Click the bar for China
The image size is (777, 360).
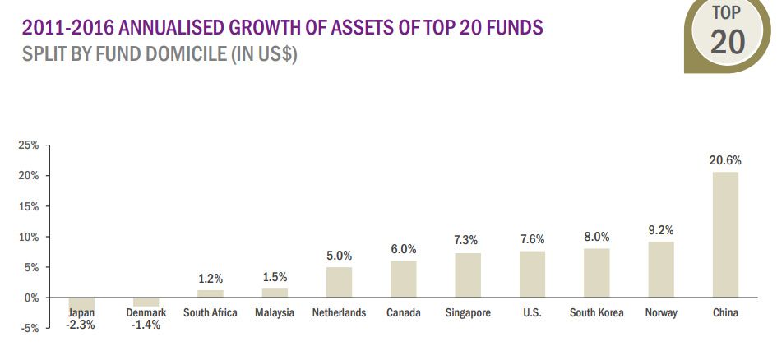pyautogui.click(x=725, y=234)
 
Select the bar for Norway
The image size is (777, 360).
pyautogui.click(x=661, y=269)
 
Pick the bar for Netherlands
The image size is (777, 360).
pyautogui.click(x=339, y=282)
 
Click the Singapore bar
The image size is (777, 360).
pyautogui.click(x=468, y=275)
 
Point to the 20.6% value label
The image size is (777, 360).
pyautogui.click(x=725, y=160)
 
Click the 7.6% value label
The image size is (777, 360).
pyautogui.click(x=532, y=239)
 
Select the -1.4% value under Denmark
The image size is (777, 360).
pyautogui.click(x=146, y=325)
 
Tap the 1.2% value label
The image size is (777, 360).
pyautogui.click(x=210, y=279)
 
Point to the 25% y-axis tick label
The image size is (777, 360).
pyautogui.click(x=28, y=145)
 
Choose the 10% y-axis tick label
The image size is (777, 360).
pyautogui.click(x=28, y=237)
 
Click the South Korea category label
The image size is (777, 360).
pyautogui.click(x=596, y=312)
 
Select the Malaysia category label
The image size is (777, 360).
pyautogui.click(x=275, y=312)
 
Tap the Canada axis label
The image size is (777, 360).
pyautogui.click(x=404, y=312)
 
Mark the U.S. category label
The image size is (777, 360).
pyautogui.click(x=532, y=312)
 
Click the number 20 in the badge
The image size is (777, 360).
pyautogui.click(x=727, y=41)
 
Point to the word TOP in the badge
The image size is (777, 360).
pyautogui.click(x=727, y=12)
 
